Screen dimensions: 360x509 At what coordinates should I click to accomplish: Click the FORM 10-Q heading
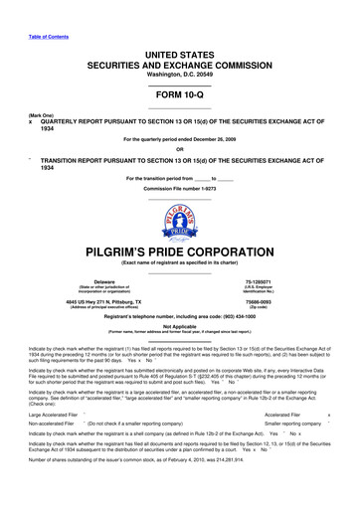pos(179,95)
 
